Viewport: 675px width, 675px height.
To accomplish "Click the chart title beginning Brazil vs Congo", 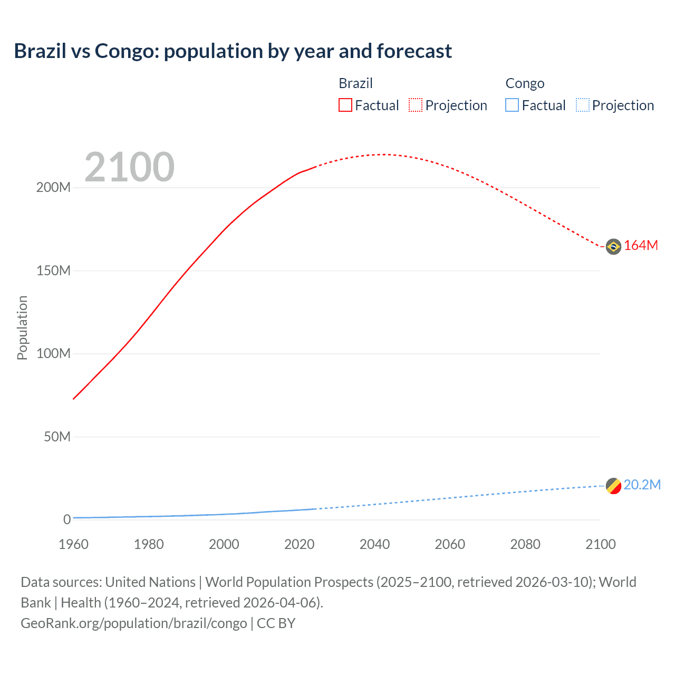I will click(x=233, y=51).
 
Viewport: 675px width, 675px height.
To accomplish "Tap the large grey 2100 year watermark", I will click(x=129, y=167).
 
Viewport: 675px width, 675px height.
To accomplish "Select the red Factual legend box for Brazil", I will click(x=345, y=105).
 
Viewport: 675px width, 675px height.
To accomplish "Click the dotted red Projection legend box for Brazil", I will click(x=416, y=105).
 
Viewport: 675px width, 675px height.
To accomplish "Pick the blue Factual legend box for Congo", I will click(x=512, y=105).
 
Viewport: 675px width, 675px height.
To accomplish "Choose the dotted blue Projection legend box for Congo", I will click(x=582, y=105).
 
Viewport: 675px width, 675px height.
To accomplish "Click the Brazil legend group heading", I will click(x=355, y=83).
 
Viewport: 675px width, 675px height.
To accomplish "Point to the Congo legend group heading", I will click(x=525, y=83).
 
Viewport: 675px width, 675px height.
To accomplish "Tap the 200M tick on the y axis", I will click(x=53, y=188).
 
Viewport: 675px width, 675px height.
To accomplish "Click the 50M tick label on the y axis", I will click(x=57, y=437).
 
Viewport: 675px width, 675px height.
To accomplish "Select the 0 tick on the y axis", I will click(x=67, y=519).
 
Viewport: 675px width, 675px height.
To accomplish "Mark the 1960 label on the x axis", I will click(x=73, y=544).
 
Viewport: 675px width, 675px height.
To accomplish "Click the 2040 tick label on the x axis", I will click(x=374, y=544).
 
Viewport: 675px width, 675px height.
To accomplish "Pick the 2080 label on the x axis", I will click(x=525, y=544).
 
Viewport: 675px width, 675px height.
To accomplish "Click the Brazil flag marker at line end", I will click(x=613, y=246).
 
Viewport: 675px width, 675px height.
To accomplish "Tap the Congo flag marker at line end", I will click(x=613, y=486).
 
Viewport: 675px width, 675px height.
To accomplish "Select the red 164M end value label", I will click(x=641, y=246).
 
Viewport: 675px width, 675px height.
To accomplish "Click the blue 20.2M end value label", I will click(x=642, y=485).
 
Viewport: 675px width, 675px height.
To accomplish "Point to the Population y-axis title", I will click(x=22, y=327).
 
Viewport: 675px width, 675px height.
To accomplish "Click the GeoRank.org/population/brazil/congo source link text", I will click(x=134, y=623).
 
